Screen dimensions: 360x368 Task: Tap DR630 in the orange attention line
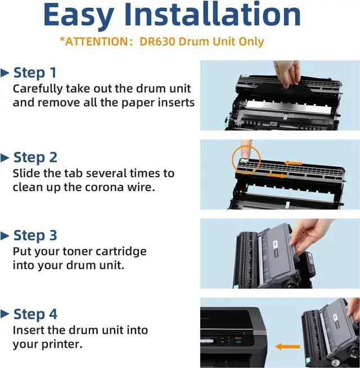(x=157, y=42)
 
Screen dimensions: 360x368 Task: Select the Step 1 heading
(x=35, y=72)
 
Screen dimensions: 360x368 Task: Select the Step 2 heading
(x=35, y=157)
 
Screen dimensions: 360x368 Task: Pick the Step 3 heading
(x=35, y=235)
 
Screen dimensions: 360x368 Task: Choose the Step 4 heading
(x=35, y=314)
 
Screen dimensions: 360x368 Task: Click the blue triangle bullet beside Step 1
(x=4, y=73)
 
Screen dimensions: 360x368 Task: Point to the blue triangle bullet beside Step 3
(x=4, y=236)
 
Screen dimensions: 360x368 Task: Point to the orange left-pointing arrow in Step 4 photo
(x=287, y=347)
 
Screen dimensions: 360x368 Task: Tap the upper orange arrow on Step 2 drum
(x=293, y=163)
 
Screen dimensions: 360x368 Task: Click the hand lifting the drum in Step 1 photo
(x=287, y=73)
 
